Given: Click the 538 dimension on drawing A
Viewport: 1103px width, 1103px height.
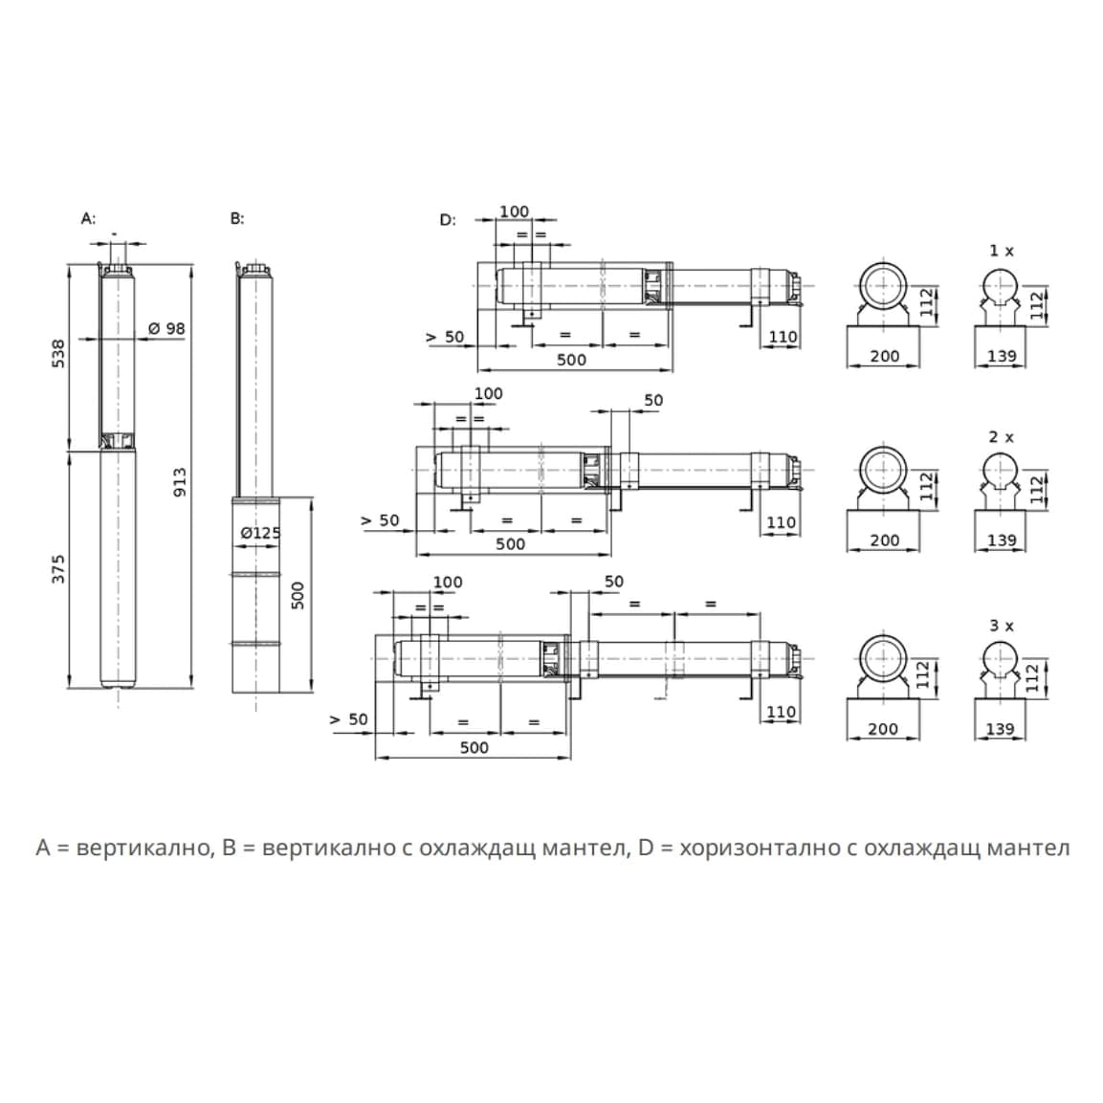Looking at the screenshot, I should point(58,353).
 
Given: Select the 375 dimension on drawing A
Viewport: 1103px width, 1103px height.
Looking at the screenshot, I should point(58,568).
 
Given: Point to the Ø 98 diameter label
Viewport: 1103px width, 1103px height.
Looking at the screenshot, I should point(166,328).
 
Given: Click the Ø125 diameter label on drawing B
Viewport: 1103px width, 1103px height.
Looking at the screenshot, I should point(260,532).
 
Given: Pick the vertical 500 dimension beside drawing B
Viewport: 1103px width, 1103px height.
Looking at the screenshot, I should point(298,595).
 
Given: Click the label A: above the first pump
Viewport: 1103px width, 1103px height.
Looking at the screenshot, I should point(88,218).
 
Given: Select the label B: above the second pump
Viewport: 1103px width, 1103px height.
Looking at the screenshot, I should point(237,218).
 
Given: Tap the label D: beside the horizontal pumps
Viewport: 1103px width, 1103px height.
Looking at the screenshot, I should point(448,220).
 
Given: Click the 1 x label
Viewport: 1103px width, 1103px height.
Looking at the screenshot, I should point(1001,251).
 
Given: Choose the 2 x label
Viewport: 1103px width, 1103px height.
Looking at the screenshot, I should point(1001,437).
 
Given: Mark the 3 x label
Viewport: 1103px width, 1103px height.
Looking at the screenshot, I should point(1001,626).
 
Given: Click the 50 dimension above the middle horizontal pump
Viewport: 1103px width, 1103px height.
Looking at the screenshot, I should point(653,400).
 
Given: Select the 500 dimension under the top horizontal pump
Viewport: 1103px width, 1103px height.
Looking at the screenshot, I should point(571,360).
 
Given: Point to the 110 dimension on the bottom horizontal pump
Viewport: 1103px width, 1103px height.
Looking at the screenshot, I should point(781,711).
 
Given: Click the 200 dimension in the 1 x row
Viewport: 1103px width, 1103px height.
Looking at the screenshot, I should point(884,356).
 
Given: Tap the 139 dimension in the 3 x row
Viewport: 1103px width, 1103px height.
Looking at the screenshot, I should point(1000,729).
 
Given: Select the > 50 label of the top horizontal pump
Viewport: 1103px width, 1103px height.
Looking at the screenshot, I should point(445,337).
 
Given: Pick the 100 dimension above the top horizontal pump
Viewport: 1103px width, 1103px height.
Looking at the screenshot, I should point(514,211).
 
